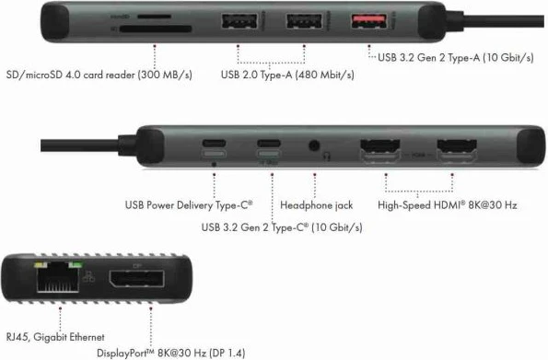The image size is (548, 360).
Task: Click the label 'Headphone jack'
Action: (316, 204)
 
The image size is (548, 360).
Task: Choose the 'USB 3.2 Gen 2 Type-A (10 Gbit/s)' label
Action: (456, 57)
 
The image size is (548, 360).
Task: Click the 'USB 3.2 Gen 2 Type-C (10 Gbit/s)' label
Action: (281, 226)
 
